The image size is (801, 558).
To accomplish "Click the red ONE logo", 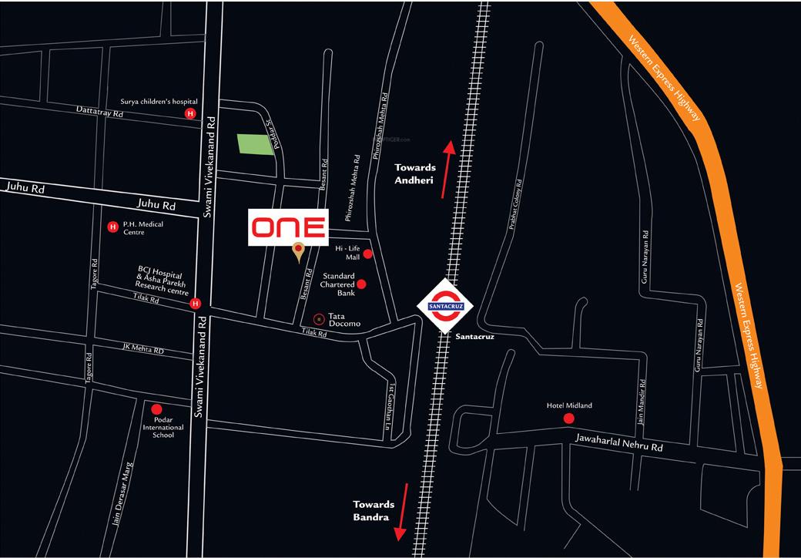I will (x=289, y=227).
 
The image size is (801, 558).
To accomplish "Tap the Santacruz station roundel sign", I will (x=444, y=304).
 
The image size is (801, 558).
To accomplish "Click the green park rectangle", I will (x=256, y=144).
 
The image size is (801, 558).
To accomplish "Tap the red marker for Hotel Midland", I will (x=569, y=418).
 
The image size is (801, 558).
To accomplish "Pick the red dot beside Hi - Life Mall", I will (x=368, y=254).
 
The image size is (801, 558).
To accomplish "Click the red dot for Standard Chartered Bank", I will (x=361, y=284).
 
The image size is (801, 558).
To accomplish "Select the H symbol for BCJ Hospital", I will (x=196, y=303).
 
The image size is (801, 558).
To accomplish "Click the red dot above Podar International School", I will (x=157, y=409).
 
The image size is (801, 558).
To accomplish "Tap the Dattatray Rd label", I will (x=100, y=112).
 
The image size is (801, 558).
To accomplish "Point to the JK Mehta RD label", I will (x=143, y=349).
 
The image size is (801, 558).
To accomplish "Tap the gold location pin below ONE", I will (x=297, y=251).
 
